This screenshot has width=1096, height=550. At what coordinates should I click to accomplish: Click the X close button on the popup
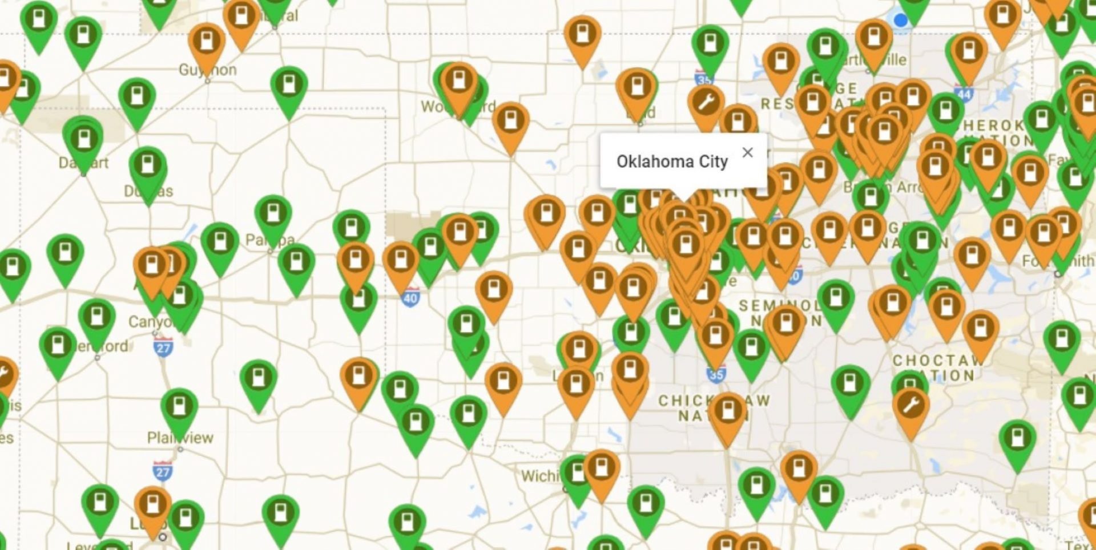(747, 152)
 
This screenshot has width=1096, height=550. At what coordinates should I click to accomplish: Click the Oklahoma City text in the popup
(672, 161)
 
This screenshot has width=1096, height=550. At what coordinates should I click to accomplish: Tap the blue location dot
(900, 21)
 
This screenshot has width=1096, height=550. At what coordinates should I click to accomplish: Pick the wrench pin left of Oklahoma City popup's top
(706, 103)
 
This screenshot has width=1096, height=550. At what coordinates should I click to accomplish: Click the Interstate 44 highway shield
(964, 94)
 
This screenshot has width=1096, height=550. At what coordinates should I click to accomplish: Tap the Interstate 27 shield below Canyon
(163, 347)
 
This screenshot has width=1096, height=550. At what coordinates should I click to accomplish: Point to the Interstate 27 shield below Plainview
(163, 471)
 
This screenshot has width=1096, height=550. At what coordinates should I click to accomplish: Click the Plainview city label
(180, 438)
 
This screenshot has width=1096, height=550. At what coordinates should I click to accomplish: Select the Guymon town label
(207, 70)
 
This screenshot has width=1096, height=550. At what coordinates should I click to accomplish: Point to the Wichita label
(539, 476)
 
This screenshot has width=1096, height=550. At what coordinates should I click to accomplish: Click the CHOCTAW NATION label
(938, 368)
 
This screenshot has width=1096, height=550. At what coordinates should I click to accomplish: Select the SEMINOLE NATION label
(780, 313)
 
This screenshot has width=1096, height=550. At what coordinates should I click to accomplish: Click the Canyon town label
(150, 322)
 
